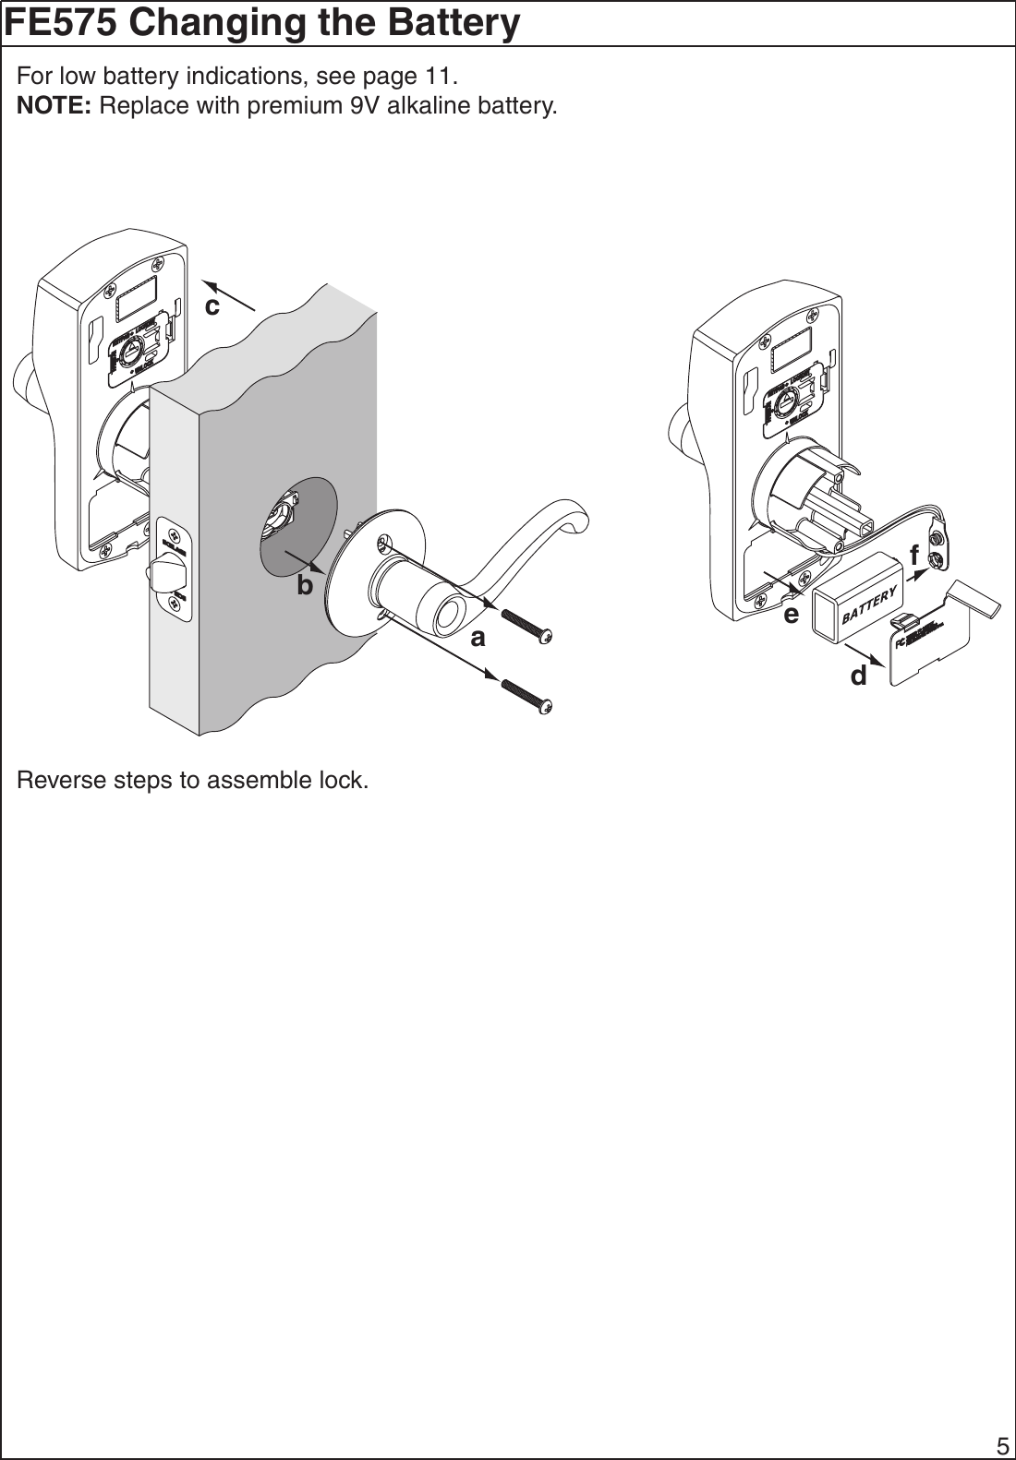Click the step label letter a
click(478, 638)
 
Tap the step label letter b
click(305, 585)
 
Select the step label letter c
click(212, 305)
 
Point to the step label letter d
click(859, 676)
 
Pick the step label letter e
click(791, 614)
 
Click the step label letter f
click(914, 556)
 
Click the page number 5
click(1001, 1445)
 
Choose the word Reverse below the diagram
click(57, 781)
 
